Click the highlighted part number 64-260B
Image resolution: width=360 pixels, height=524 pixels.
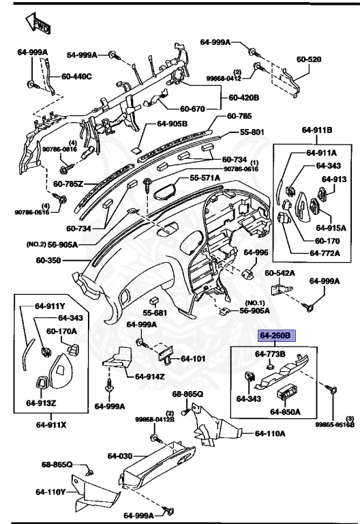275,336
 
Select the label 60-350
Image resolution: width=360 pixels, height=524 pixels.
49,260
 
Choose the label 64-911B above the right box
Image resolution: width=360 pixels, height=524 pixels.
316,130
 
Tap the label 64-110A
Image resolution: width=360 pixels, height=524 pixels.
271,433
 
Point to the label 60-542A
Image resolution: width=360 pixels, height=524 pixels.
280,274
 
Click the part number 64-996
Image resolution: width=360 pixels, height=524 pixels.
257,252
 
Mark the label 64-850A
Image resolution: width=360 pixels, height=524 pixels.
286,411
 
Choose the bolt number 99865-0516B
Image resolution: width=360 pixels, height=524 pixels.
335,424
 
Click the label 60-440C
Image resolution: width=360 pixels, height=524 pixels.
76,76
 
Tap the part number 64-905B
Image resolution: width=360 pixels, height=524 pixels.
172,124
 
